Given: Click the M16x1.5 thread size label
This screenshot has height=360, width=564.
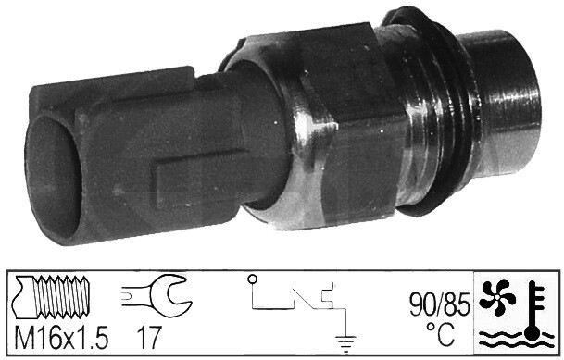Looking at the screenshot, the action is (61, 337).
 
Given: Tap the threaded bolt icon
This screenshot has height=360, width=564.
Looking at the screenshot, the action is (51, 297).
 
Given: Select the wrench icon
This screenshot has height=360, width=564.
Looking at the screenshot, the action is (157, 295).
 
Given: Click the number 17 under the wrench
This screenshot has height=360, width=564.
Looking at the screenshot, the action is (149, 337).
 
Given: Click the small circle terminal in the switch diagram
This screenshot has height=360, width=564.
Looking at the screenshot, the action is (253, 279).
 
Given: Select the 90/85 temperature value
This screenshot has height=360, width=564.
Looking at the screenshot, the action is (440, 304).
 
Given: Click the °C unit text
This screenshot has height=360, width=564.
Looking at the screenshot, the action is (441, 334).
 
